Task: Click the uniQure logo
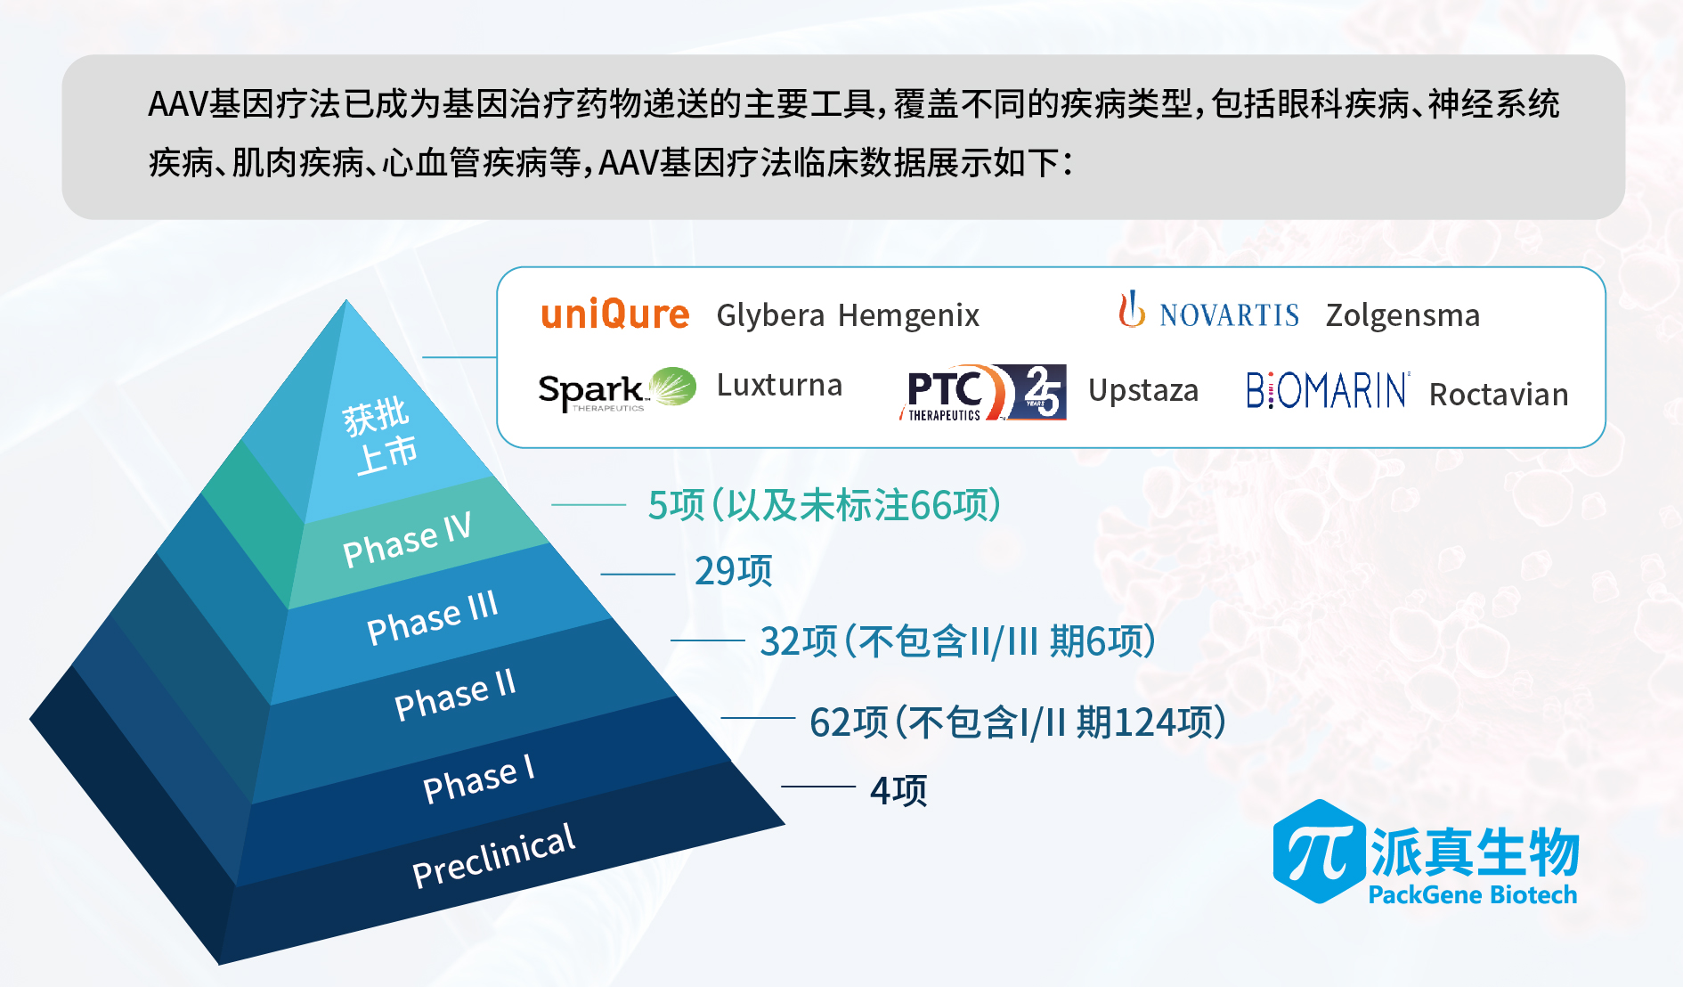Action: coord(614,314)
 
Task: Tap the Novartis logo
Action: coord(1208,311)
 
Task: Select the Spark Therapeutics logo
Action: coord(617,389)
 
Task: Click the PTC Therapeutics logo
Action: coord(982,392)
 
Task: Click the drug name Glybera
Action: coord(770,316)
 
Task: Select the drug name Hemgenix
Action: coord(908,316)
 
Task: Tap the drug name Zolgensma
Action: coord(1402,316)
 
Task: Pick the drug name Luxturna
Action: coord(779,385)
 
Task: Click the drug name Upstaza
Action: coord(1143,391)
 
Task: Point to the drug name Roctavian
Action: coord(1499,395)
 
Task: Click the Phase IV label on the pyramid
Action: coord(407,541)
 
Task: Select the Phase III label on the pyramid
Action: coord(433,617)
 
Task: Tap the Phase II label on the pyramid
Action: coord(455,695)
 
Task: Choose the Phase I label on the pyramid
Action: coord(479,779)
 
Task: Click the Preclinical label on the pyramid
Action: coord(494,855)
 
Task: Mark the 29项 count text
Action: coord(733,571)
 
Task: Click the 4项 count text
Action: coord(898,790)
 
